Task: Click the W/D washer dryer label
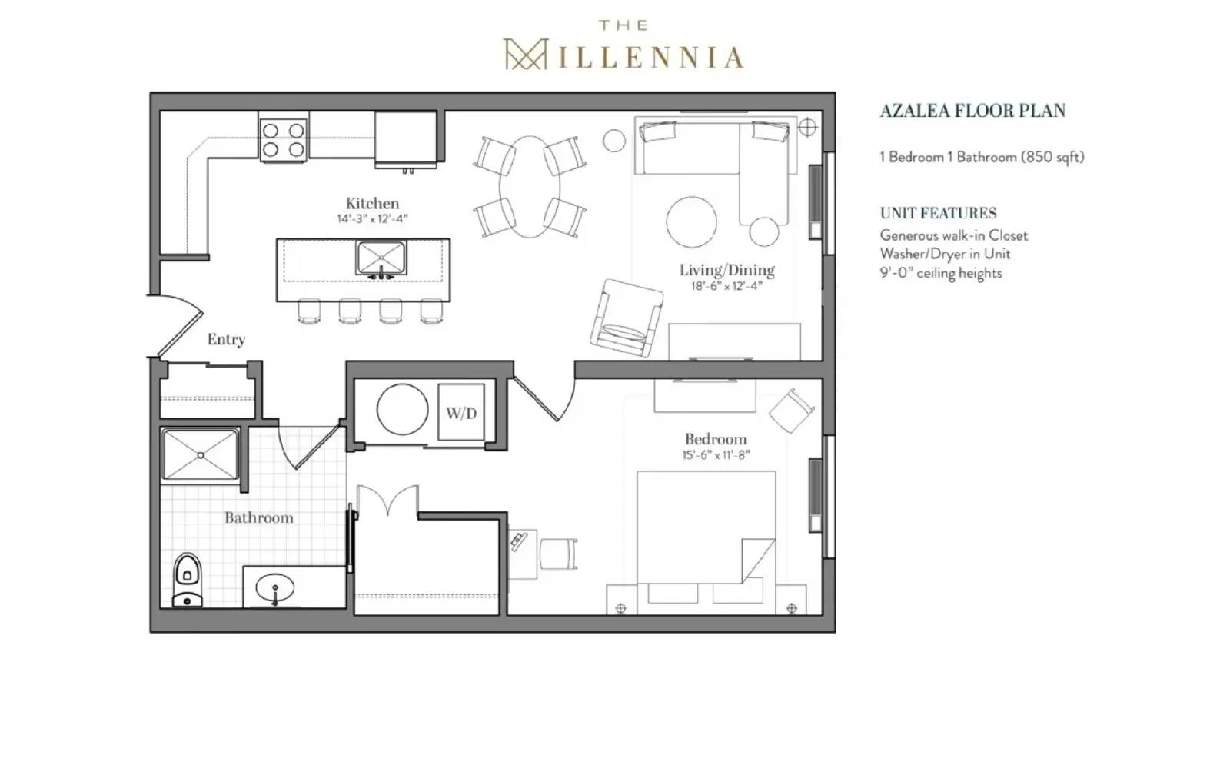click(x=461, y=414)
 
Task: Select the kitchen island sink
click(x=381, y=258)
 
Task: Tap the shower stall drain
click(x=201, y=455)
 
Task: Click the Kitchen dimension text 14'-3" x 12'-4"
click(x=372, y=219)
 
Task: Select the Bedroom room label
click(x=716, y=439)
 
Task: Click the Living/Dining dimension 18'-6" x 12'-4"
click(x=726, y=286)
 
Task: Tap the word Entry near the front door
click(x=226, y=339)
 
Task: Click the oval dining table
click(x=530, y=187)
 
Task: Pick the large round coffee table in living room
click(x=691, y=221)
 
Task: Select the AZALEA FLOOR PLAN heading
click(x=972, y=111)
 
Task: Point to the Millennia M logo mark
click(x=524, y=55)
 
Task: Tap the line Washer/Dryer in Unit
click(x=945, y=254)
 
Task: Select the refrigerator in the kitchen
click(x=406, y=138)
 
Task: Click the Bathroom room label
click(x=259, y=517)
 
